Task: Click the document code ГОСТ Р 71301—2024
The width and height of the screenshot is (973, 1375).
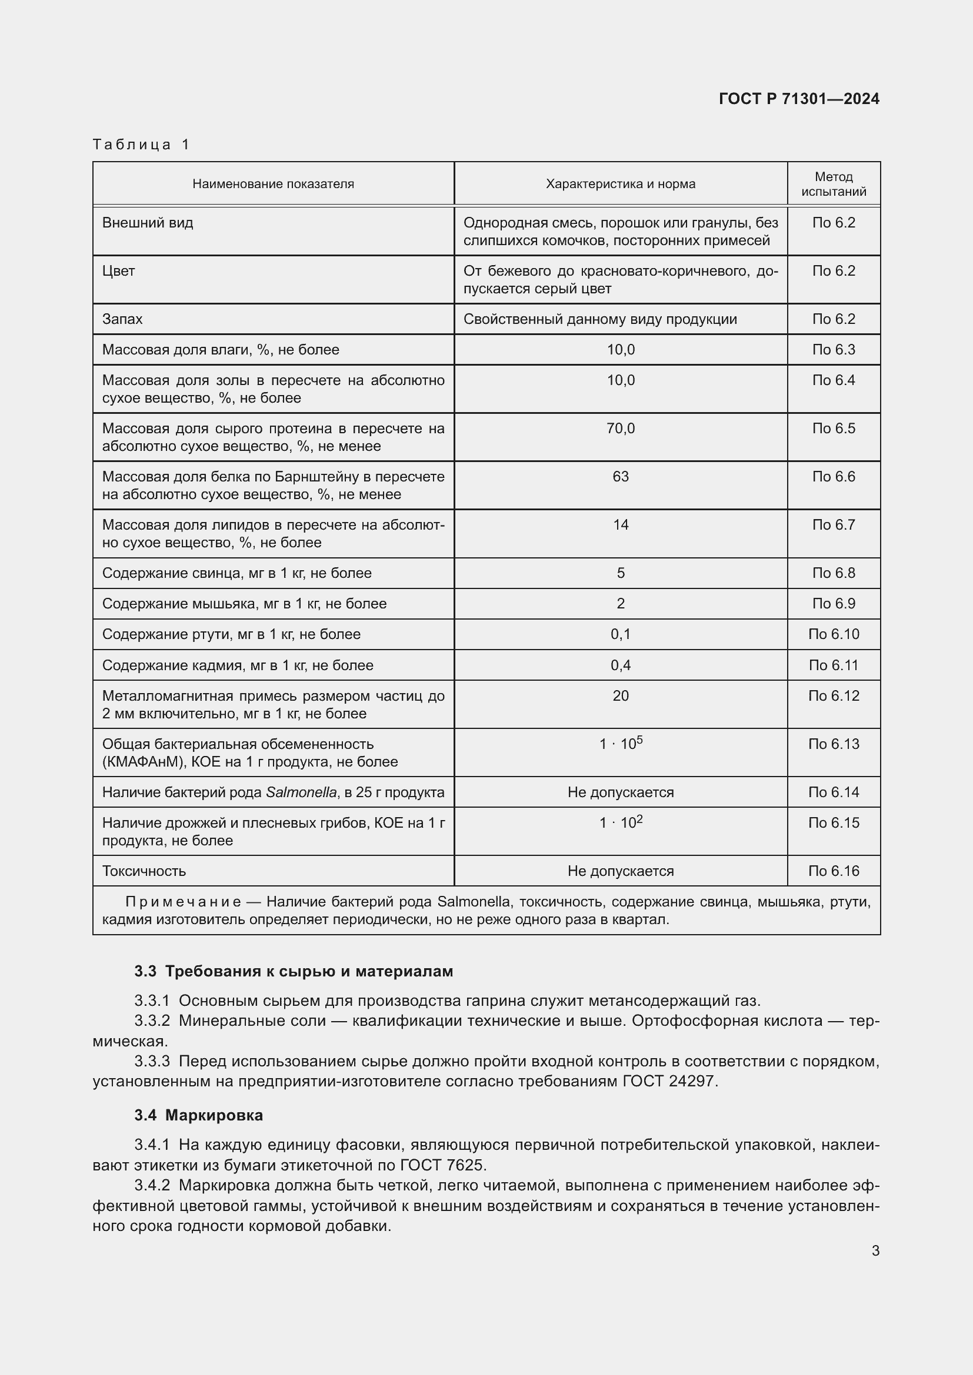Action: [x=799, y=99]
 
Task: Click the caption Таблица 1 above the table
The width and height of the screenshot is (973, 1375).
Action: [x=141, y=145]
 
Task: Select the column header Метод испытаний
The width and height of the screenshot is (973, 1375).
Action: [x=834, y=184]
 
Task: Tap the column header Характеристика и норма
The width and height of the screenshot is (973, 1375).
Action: [x=620, y=184]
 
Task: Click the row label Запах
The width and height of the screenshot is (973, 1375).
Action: [x=122, y=319]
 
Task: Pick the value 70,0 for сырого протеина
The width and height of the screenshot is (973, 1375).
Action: [x=620, y=428]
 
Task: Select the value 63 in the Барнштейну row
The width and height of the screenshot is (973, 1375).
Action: [x=620, y=477]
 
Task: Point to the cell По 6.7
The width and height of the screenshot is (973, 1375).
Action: [x=834, y=524]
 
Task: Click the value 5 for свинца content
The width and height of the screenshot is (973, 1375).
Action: [x=620, y=573]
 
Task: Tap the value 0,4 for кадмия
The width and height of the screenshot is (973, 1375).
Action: [x=620, y=665]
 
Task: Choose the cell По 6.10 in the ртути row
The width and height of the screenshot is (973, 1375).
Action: [x=834, y=634]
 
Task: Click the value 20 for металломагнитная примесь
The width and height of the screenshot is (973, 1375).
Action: [x=620, y=696]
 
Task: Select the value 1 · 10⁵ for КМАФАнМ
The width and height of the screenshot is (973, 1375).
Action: [x=620, y=744]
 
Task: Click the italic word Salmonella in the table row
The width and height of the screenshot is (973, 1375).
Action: [x=301, y=792]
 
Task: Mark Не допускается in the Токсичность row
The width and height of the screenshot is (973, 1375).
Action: [x=620, y=871]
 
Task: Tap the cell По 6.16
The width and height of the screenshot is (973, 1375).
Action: [x=834, y=871]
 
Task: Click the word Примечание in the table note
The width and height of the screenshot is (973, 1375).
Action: [x=184, y=902]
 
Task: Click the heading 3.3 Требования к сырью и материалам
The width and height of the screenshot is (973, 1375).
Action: [x=294, y=971]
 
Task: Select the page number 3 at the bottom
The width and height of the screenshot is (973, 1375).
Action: [x=875, y=1250]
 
